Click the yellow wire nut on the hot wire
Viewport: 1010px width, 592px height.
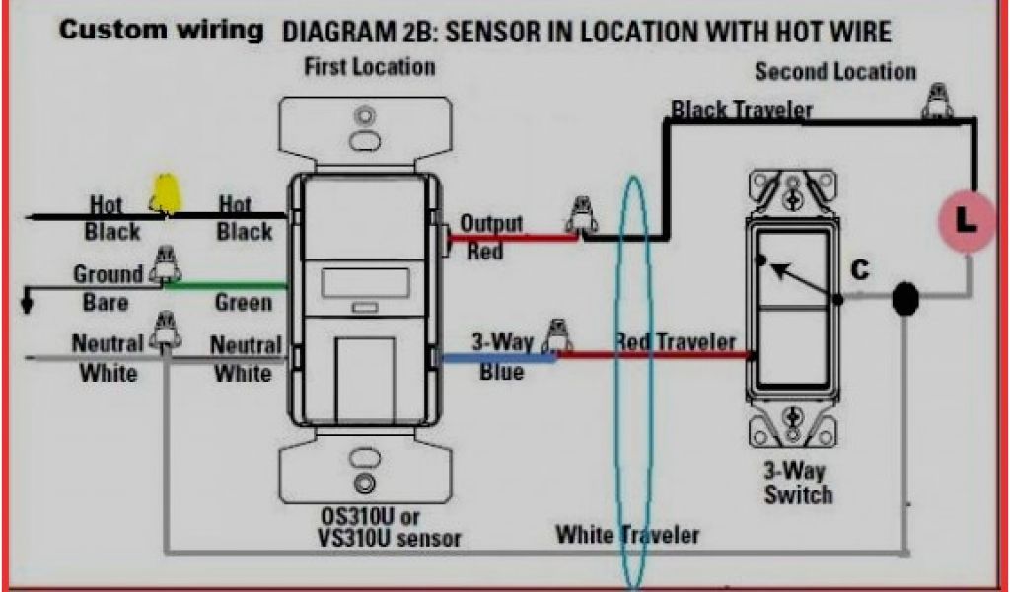click(165, 194)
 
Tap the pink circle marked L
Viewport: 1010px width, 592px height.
click(967, 220)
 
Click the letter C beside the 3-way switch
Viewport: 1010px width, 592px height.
click(859, 270)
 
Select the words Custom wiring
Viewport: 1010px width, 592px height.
click(161, 31)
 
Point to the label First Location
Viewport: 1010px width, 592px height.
click(369, 67)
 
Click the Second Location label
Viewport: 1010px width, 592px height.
click(835, 71)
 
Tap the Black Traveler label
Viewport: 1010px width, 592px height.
click(742, 111)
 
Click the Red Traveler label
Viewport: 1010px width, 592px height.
click(675, 341)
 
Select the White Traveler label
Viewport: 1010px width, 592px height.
click(627, 534)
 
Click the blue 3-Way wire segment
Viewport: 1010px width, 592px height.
click(497, 358)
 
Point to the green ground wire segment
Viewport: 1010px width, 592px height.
click(225, 285)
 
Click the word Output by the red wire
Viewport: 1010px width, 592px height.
click(491, 224)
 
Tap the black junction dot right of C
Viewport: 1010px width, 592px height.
click(905, 299)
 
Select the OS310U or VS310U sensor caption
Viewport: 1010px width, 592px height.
click(389, 528)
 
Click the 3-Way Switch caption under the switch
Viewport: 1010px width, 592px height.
click(797, 482)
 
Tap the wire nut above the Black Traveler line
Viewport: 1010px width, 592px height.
click(937, 102)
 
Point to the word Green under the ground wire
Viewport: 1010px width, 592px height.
click(243, 302)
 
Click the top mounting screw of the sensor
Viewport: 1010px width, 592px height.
click(365, 116)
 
